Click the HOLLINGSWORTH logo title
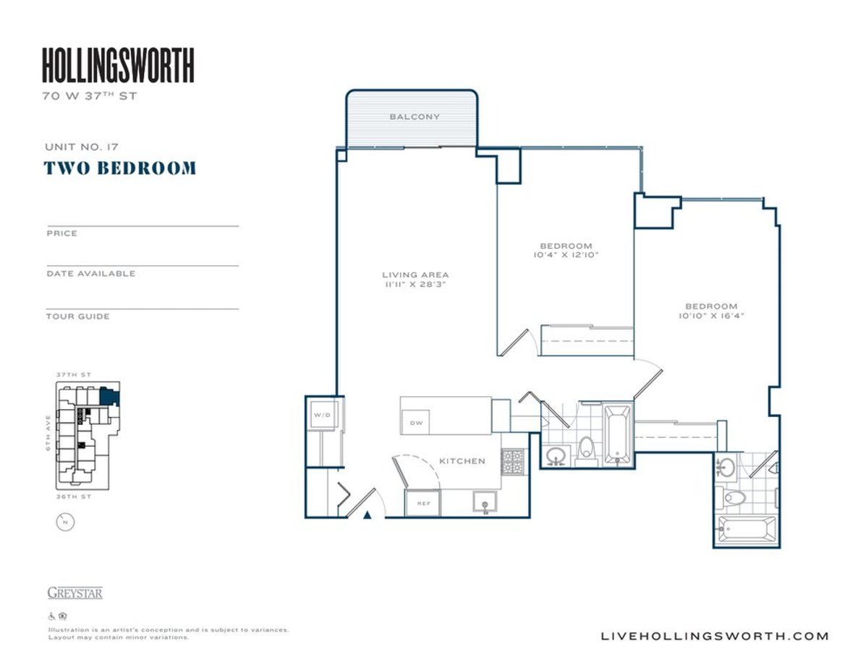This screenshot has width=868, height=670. click(x=118, y=65)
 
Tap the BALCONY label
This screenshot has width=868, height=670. click(x=414, y=116)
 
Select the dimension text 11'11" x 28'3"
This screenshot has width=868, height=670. click(x=415, y=285)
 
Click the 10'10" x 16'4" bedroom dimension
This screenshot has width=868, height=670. click(x=711, y=316)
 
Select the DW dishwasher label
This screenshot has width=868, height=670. click(x=416, y=423)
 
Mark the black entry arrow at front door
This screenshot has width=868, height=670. click(x=367, y=515)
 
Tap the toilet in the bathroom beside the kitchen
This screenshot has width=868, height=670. click(x=586, y=449)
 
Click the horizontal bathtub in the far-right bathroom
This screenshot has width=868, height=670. click(x=747, y=530)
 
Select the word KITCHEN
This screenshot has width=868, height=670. click(x=462, y=461)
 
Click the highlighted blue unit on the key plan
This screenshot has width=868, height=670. click(x=109, y=395)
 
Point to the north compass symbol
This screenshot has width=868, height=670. click(x=65, y=521)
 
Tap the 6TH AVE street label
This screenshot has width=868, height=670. click(x=48, y=433)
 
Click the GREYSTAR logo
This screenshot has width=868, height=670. click(x=75, y=593)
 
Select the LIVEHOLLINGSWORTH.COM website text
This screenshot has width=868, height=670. click(x=715, y=636)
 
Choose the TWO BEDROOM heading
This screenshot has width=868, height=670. click(x=120, y=168)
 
